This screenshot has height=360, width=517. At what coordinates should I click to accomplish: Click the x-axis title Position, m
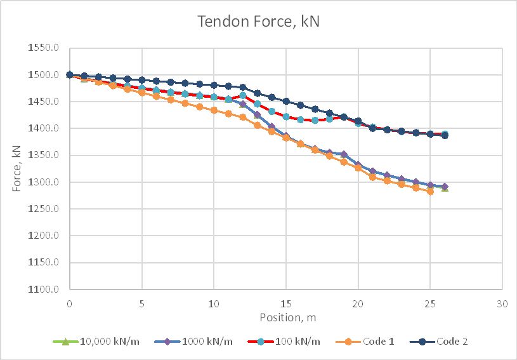pyautogui.click(x=285, y=316)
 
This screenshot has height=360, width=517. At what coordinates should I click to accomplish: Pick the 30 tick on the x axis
pyautogui.click(x=502, y=303)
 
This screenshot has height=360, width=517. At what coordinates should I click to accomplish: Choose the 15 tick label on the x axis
pyautogui.click(x=286, y=303)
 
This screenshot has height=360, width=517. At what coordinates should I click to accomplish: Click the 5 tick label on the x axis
pyautogui.click(x=141, y=303)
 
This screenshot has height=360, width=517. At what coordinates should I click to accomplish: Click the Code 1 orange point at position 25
pyautogui.click(x=430, y=191)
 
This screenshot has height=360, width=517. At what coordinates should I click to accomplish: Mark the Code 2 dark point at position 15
pyautogui.click(x=286, y=101)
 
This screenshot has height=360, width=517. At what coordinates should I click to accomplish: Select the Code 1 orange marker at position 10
pyautogui.click(x=214, y=110)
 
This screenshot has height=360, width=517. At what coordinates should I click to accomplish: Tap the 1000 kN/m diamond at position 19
pyautogui.click(x=344, y=154)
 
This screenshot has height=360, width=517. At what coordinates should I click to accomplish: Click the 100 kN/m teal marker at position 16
pyautogui.click(x=300, y=119)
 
